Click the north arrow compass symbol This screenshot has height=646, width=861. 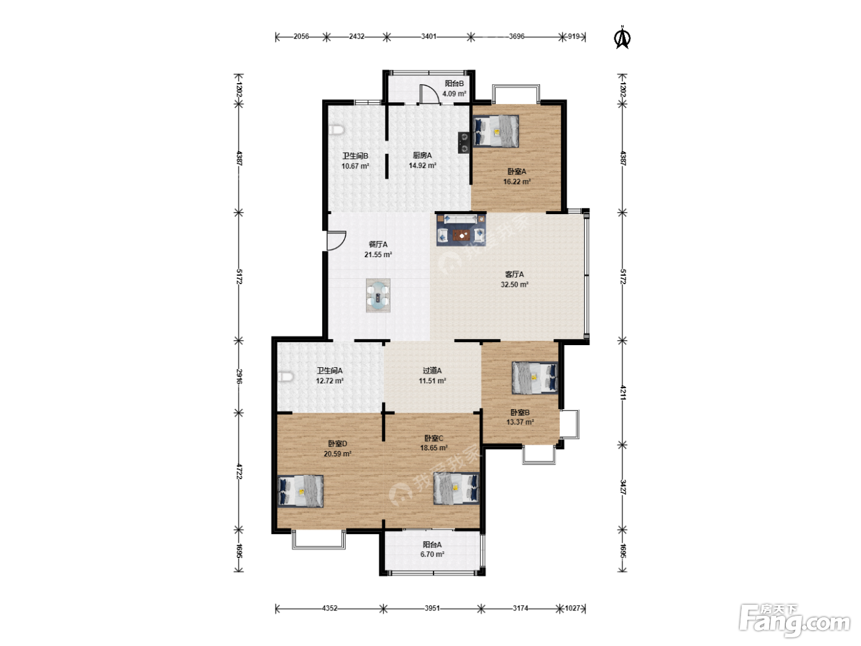622,38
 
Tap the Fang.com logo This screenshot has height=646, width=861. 795,620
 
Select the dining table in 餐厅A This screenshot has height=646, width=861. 378,295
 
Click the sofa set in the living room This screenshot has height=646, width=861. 461,230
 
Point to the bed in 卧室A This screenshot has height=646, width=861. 496,131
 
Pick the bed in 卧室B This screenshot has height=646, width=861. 534,378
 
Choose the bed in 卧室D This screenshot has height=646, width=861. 301,491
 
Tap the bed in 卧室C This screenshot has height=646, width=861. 456,488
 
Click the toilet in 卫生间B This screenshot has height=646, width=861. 337,129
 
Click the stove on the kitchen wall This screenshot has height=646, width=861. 464,143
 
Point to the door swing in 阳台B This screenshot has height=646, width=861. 429,94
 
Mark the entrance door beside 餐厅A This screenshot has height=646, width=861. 336,241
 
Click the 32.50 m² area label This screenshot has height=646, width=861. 514,285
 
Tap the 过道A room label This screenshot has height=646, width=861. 432,370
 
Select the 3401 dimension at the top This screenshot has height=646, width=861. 429,36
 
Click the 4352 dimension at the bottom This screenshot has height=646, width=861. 330,608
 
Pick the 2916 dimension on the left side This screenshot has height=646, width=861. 239,377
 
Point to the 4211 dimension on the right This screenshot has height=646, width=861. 622,393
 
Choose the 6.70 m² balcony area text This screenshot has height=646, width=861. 432,554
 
